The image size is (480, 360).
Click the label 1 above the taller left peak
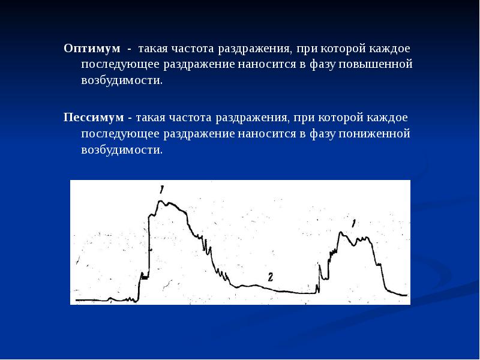pos(161,190)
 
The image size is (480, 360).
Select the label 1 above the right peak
pos(353,223)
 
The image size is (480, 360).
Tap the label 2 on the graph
pos(271,277)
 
